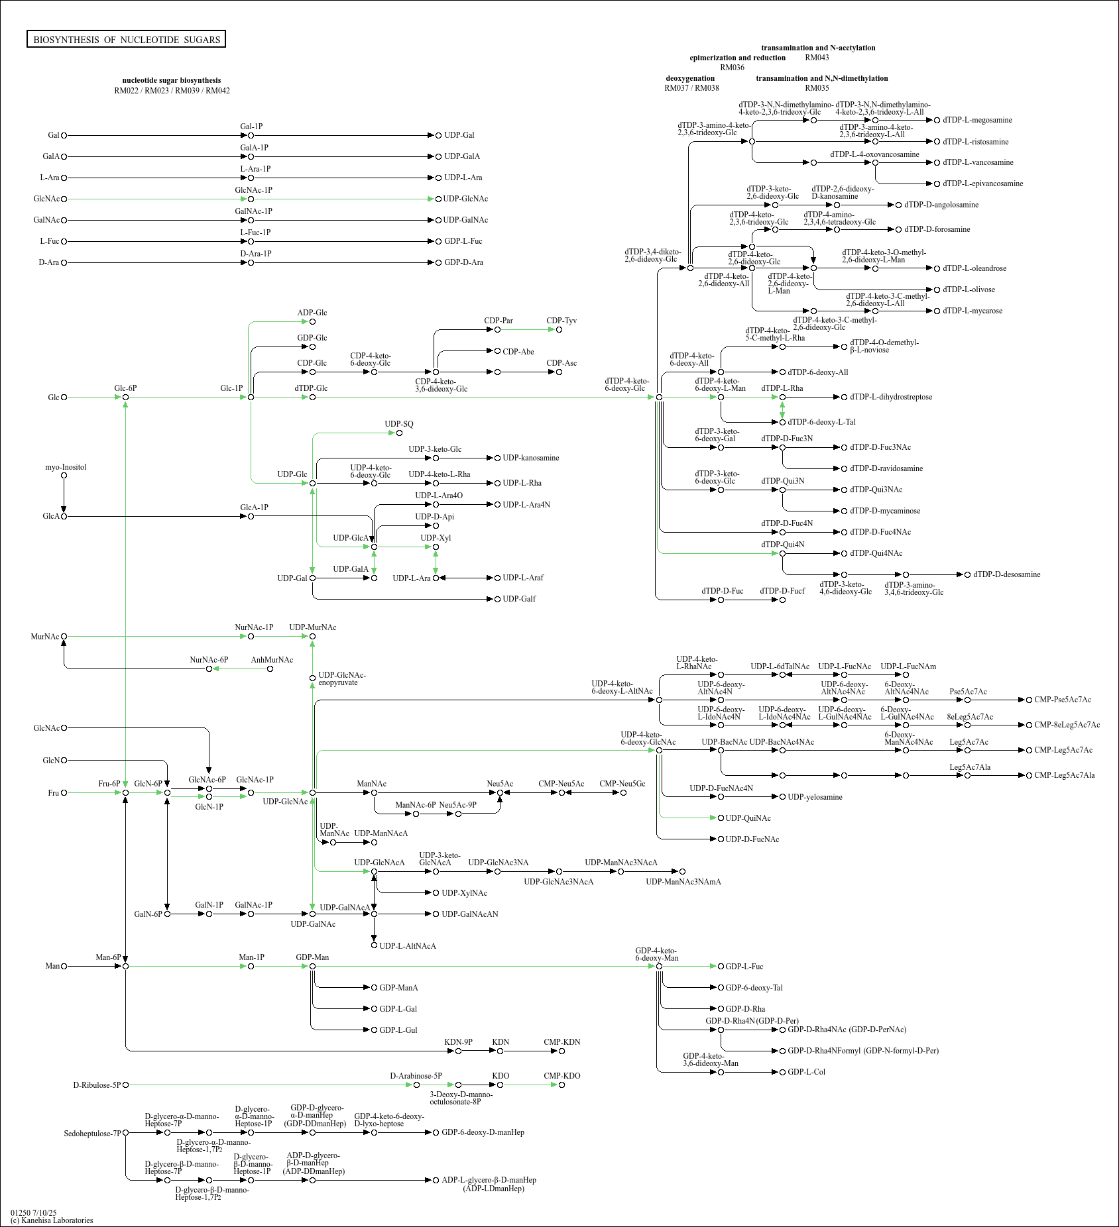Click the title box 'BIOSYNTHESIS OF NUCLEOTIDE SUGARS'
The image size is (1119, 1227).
[126, 39]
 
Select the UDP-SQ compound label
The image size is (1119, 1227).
[399, 424]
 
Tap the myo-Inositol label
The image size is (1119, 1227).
[66, 467]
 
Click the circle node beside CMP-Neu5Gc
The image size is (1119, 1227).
[623, 792]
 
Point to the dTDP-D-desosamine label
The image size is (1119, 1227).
[1007, 574]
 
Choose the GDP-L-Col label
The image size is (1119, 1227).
[806, 1072]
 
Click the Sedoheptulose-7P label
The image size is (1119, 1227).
[93, 1134]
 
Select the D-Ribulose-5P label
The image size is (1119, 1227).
[97, 1085]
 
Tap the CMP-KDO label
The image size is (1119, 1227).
[562, 1076]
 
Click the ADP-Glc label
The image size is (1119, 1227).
[312, 313]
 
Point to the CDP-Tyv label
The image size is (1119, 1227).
[561, 321]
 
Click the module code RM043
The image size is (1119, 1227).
[817, 58]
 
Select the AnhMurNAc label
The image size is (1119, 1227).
[272, 660]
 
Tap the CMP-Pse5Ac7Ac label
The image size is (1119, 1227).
[1063, 700]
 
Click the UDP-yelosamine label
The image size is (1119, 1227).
[815, 797]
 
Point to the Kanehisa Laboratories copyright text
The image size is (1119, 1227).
[52, 1220]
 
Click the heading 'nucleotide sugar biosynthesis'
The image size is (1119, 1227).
[172, 80]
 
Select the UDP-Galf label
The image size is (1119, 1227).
[519, 599]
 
